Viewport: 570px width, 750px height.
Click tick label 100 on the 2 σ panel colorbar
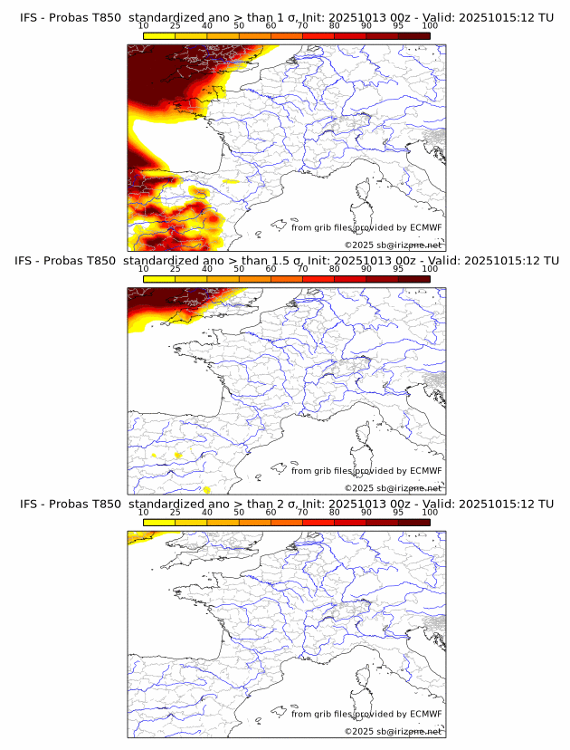coord(430,512)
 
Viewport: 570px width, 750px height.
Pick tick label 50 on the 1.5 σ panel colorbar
coord(239,269)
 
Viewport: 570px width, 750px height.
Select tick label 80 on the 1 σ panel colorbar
coord(335,26)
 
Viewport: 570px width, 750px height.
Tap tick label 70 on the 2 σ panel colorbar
coord(302,512)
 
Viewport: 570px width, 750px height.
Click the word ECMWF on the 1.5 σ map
coord(425,471)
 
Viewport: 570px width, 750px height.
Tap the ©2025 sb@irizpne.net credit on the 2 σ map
coord(393,731)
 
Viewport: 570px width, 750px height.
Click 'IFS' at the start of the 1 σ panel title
coord(29,17)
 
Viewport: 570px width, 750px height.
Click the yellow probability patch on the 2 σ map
coord(138,537)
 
